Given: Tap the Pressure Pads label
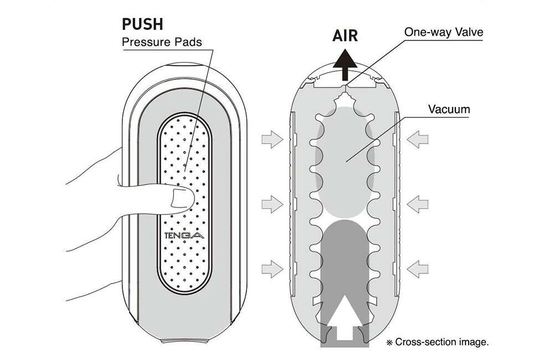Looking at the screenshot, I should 161,42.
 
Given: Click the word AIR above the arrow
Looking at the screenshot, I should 345,36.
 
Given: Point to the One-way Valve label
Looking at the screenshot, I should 443,32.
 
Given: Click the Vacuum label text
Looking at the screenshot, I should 449,109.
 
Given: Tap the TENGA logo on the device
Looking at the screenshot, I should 184,235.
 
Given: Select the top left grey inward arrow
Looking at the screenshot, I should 272,141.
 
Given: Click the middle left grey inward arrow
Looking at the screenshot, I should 272,205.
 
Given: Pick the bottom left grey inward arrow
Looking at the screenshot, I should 272,270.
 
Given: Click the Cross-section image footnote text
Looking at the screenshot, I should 441,342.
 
